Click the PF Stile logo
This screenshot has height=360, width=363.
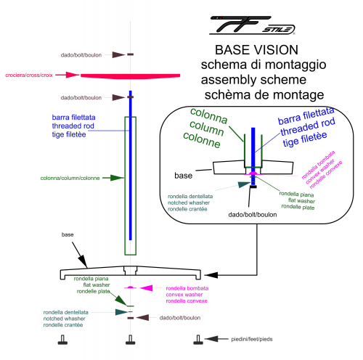tap(252, 25)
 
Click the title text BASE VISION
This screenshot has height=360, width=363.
tap(256, 50)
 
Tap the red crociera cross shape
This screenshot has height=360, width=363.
tap(130, 76)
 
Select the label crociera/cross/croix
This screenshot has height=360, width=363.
tap(29, 75)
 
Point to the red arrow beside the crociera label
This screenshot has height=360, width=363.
tap(68, 75)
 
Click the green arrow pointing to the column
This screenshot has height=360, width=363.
tap(113, 178)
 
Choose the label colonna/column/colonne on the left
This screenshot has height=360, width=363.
tap(70, 178)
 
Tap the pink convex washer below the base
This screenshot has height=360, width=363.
tap(130, 287)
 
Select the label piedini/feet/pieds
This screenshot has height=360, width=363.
tap(252, 339)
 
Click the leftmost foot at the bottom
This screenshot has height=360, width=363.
tap(62, 340)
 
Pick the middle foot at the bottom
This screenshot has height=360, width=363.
tap(131, 340)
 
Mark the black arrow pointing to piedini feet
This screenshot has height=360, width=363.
tap(216, 339)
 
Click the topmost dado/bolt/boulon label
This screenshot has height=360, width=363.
tap(81, 55)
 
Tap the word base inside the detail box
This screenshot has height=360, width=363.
tap(183, 176)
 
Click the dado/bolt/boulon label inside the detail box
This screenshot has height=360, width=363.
tap(253, 215)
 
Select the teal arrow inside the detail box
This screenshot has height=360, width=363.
tap(244, 185)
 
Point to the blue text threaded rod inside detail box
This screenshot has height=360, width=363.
tap(308, 126)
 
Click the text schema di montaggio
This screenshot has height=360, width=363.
tap(264, 65)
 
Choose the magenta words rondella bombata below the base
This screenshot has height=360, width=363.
tap(187, 288)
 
